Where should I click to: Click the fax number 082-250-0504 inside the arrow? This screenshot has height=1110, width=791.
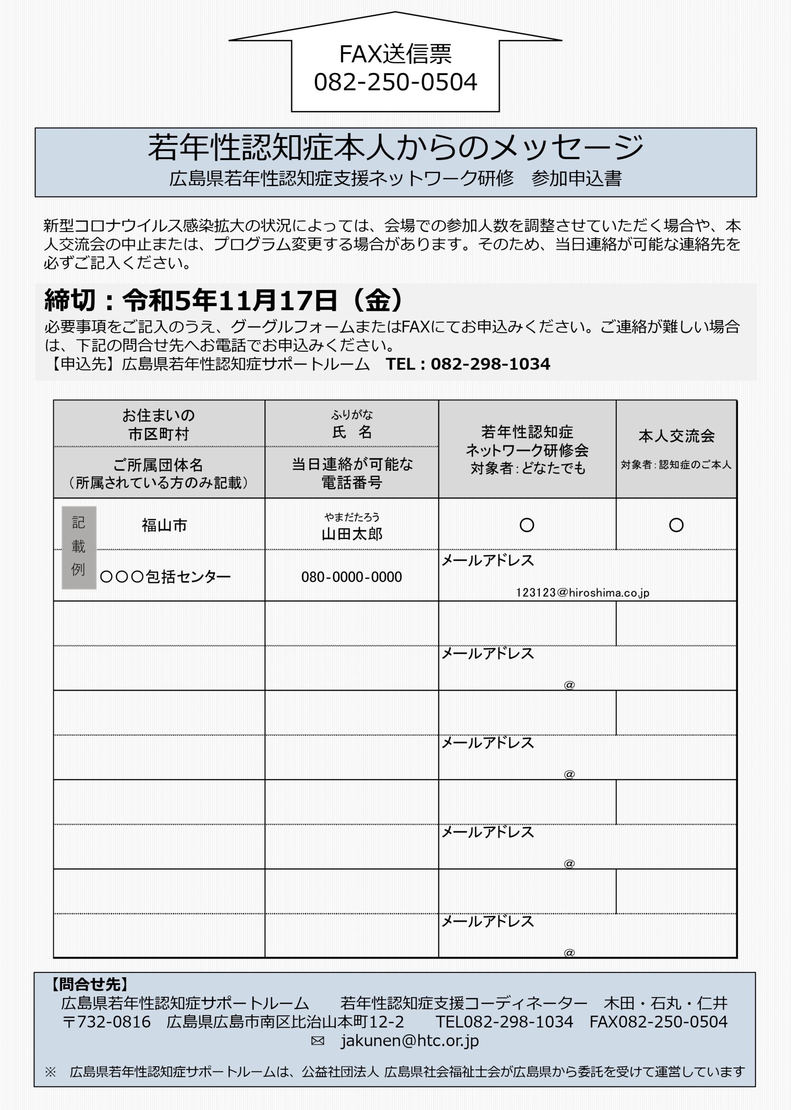[395, 82]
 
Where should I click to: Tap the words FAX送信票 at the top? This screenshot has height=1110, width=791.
[395, 54]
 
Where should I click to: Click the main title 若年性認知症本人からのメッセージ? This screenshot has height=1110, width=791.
[395, 147]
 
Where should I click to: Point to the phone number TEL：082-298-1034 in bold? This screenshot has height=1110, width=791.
[468, 364]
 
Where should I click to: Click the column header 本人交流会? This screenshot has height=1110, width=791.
[676, 436]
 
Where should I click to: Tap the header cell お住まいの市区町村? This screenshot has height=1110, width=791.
[158, 424]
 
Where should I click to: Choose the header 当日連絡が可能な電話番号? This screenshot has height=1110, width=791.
[352, 473]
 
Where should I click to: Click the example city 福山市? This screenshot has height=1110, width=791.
[164, 525]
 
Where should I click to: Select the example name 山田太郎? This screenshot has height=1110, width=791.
[352, 534]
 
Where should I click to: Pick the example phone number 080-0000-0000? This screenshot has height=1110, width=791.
[351, 577]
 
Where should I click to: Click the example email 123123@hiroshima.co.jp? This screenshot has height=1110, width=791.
[583, 593]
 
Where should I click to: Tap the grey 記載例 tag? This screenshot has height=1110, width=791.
[78, 547]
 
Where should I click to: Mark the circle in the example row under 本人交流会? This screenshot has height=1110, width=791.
[676, 525]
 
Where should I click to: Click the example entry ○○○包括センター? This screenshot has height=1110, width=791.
[165, 577]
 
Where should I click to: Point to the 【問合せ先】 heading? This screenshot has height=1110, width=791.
[90, 985]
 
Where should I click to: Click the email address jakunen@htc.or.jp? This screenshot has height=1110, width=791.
[409, 1040]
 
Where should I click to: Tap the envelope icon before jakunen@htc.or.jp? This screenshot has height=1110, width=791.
[318, 1041]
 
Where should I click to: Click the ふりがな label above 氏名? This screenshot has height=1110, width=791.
[352, 415]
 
